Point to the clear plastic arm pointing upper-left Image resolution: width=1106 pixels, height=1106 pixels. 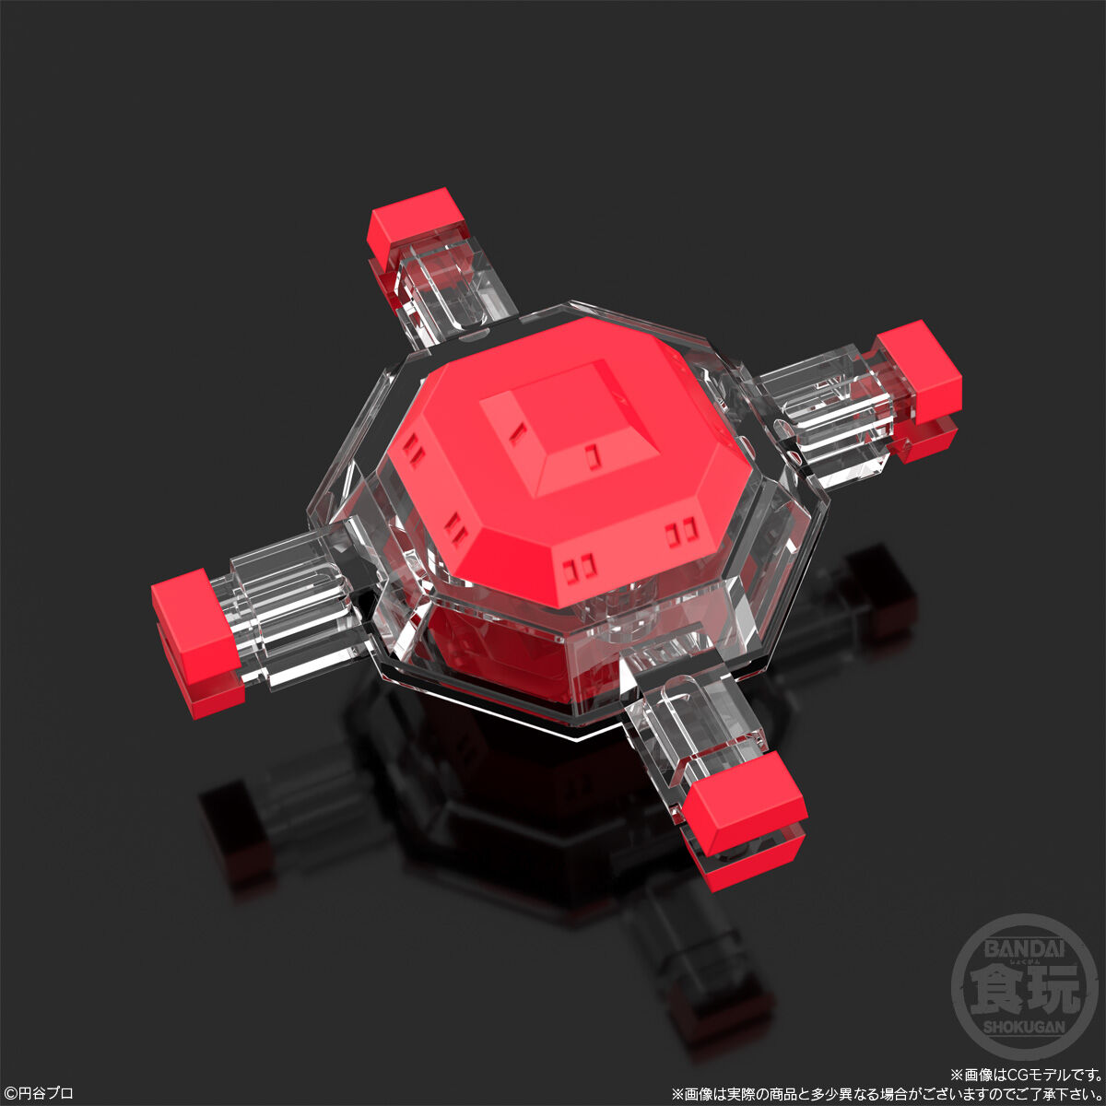click(442, 290)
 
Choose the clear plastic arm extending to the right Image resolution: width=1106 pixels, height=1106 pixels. click(820, 401)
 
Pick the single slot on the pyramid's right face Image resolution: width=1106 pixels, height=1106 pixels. click(591, 453)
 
